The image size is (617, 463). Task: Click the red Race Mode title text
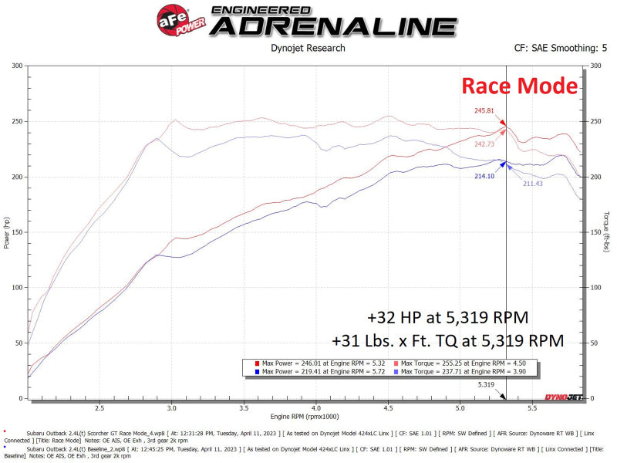coord(519,86)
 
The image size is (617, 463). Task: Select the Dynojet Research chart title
coord(308,48)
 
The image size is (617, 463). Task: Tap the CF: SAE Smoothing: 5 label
coord(560,48)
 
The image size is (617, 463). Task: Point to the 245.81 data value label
coord(484,110)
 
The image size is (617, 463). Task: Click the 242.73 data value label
coord(485,144)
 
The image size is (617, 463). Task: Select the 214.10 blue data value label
coord(484,176)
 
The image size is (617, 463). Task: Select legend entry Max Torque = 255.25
coord(460,361)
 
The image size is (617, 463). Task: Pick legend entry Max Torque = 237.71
coord(460,371)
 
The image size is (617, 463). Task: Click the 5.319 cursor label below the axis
coord(486,384)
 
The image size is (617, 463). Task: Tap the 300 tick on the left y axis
coord(16,66)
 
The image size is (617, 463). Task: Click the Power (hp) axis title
coord(7,231)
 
